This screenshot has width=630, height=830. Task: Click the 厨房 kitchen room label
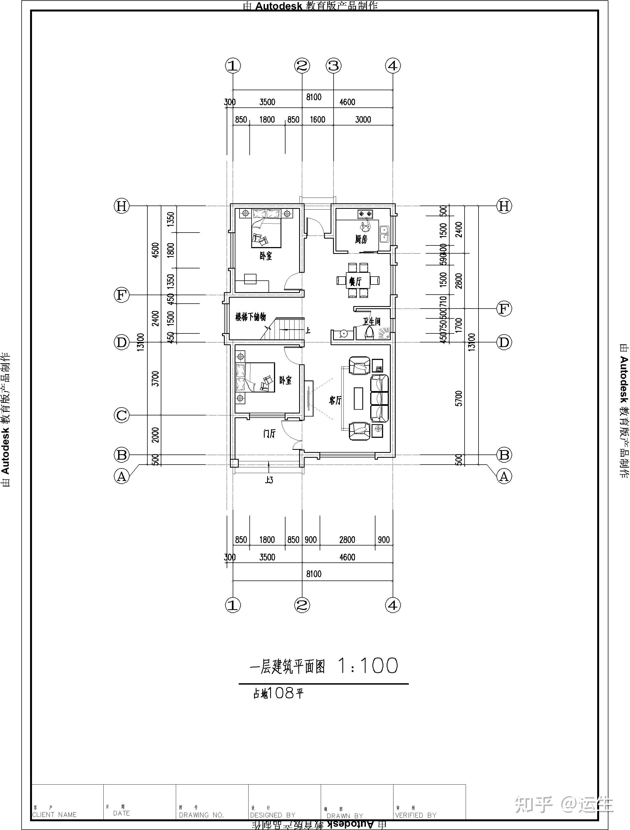pyautogui.click(x=361, y=239)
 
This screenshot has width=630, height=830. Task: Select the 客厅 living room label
pyautogui.click(x=335, y=400)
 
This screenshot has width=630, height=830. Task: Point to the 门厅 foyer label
pyautogui.click(x=269, y=434)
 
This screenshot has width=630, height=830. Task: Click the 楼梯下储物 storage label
pyautogui.click(x=250, y=317)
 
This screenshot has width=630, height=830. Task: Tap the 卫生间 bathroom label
pyautogui.click(x=371, y=322)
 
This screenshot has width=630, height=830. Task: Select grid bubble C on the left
pyautogui.click(x=121, y=415)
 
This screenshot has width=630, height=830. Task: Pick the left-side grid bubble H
pyautogui.click(x=121, y=206)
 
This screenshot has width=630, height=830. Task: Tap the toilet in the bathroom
pyautogui.click(x=369, y=332)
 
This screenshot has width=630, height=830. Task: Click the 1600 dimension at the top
pyautogui.click(x=317, y=120)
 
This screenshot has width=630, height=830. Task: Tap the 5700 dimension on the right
pyautogui.click(x=459, y=398)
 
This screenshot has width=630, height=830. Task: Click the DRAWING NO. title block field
pyautogui.click(x=201, y=815)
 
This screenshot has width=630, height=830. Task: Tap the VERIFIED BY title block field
pyautogui.click(x=416, y=815)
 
